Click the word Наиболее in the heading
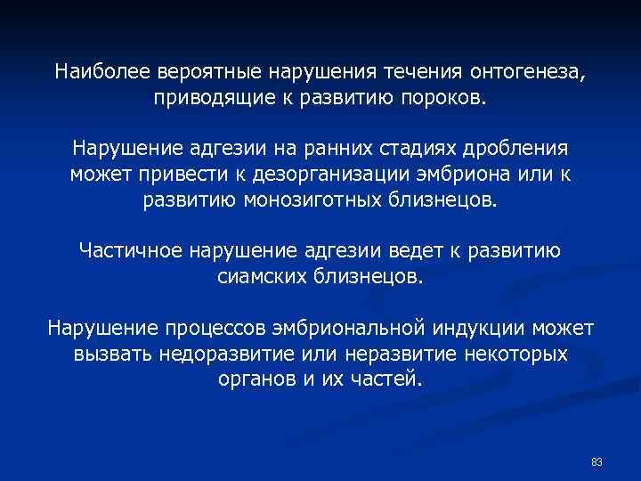tap(103, 70)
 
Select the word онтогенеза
tap(527, 70)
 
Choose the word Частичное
tap(131, 250)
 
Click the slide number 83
tap(596, 461)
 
